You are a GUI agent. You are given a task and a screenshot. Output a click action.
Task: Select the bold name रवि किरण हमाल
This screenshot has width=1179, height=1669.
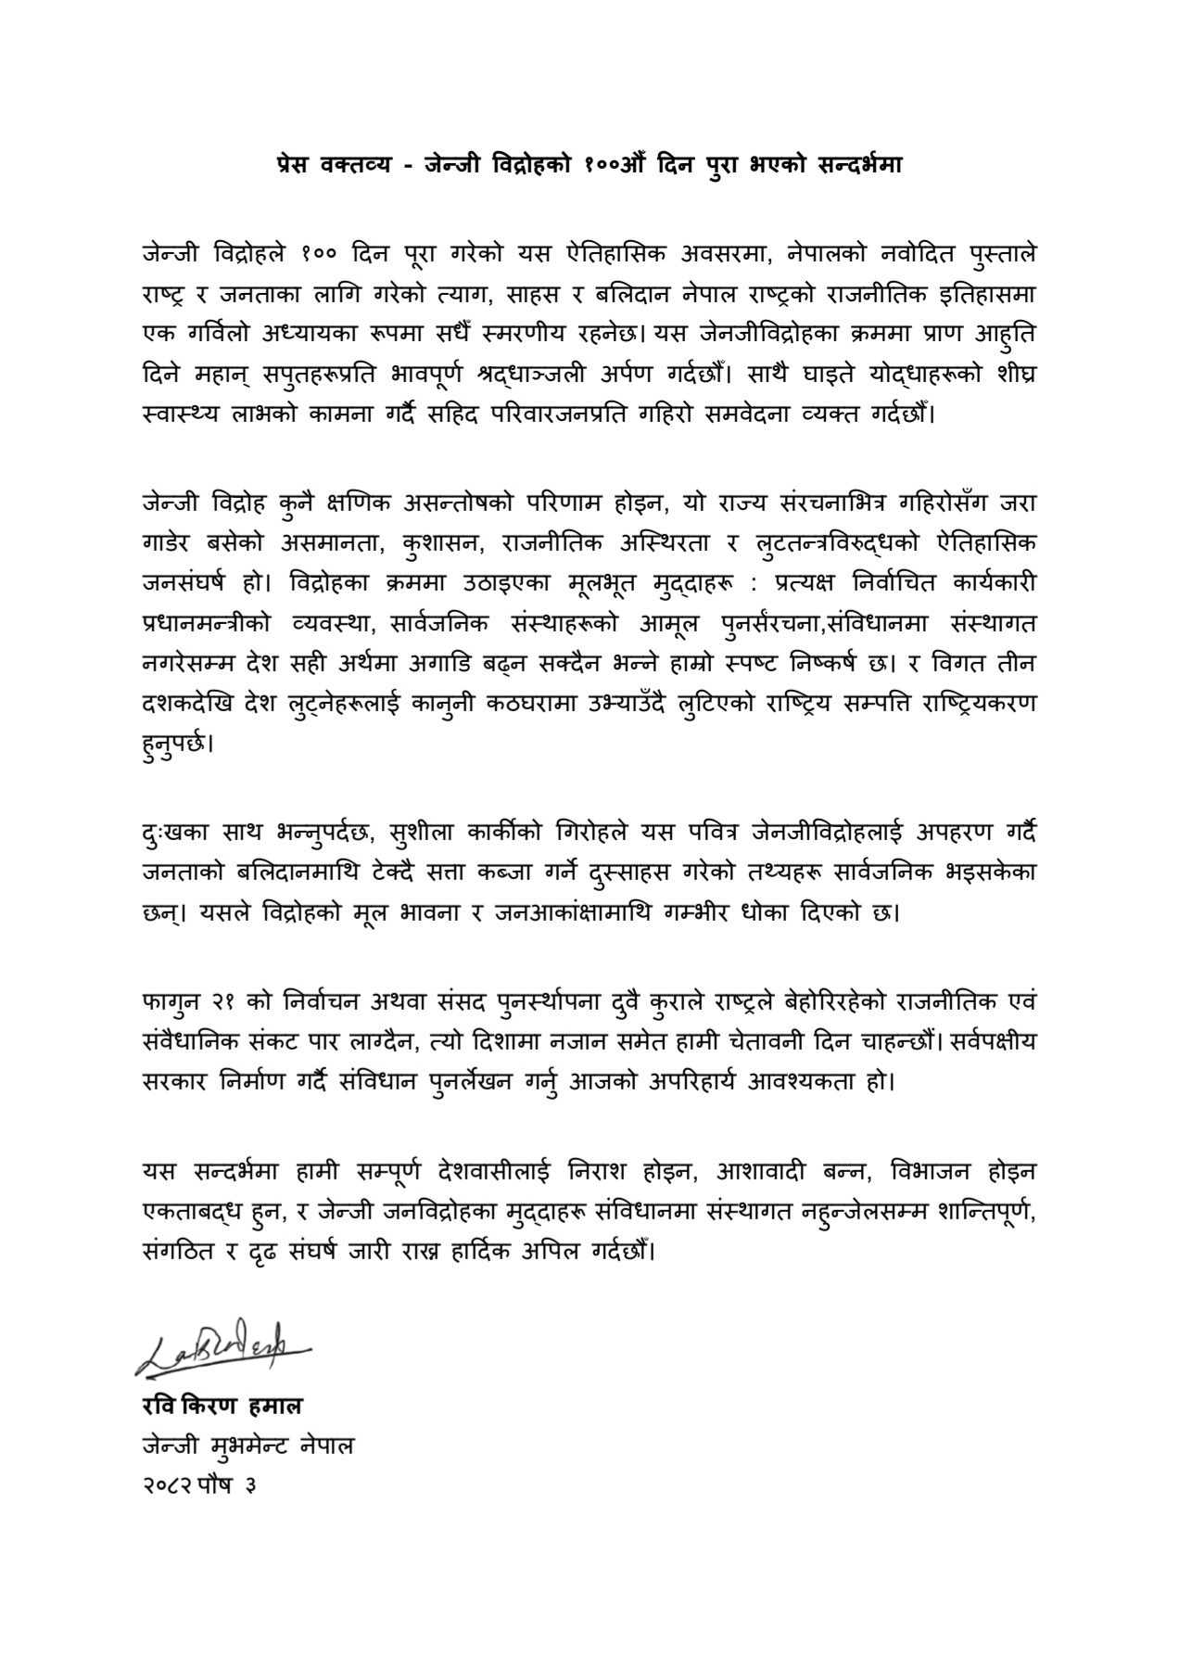pos(222,1406)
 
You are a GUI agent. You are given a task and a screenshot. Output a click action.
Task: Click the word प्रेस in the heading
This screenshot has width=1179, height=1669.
pos(295,165)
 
